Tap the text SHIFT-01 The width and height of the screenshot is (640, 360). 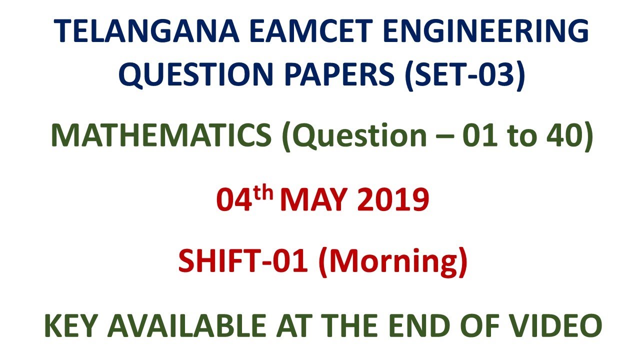(243, 262)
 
